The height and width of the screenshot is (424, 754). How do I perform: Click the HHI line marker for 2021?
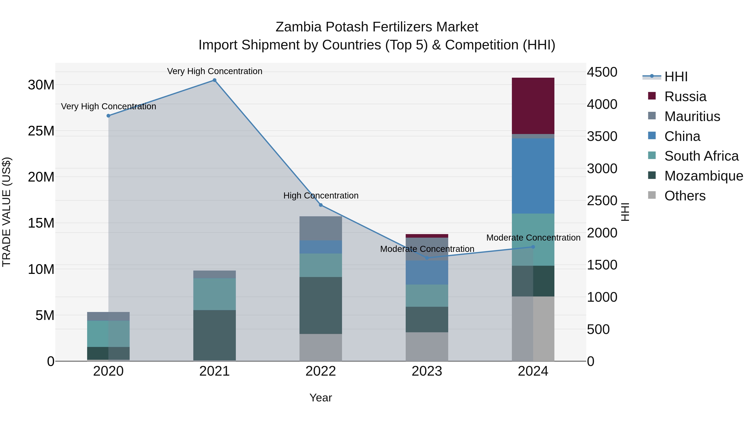[x=214, y=80]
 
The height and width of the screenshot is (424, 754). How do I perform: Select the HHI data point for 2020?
[x=108, y=116]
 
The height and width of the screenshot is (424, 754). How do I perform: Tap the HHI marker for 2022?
[x=321, y=205]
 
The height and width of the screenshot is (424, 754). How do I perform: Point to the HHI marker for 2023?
[x=427, y=258]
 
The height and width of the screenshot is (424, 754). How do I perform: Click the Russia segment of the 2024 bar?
[x=533, y=106]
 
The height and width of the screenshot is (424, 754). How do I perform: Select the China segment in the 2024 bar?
[x=533, y=176]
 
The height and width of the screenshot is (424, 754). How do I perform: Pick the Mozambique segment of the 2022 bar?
[x=321, y=305]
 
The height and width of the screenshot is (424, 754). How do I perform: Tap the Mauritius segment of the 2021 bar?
[x=214, y=275]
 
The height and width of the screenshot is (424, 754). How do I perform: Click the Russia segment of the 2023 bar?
[x=427, y=236]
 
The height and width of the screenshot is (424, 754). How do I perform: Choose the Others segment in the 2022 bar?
[x=321, y=347]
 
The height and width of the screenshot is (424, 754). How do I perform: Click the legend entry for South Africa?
[x=701, y=156]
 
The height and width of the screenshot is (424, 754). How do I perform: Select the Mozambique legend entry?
[x=704, y=176]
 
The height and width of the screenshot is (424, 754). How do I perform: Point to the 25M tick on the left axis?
[x=41, y=131]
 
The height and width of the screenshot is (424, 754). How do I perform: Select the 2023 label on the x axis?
[x=427, y=371]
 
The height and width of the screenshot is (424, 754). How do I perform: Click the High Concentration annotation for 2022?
[x=321, y=196]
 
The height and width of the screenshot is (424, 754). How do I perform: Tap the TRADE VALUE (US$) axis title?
[x=7, y=212]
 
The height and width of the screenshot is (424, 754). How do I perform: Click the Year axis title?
[x=321, y=398]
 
